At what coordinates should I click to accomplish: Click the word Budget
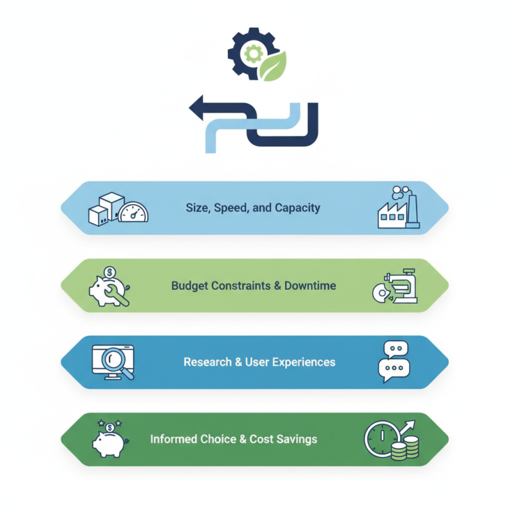191,285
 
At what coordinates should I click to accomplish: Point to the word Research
207,362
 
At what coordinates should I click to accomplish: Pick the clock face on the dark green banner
381,439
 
